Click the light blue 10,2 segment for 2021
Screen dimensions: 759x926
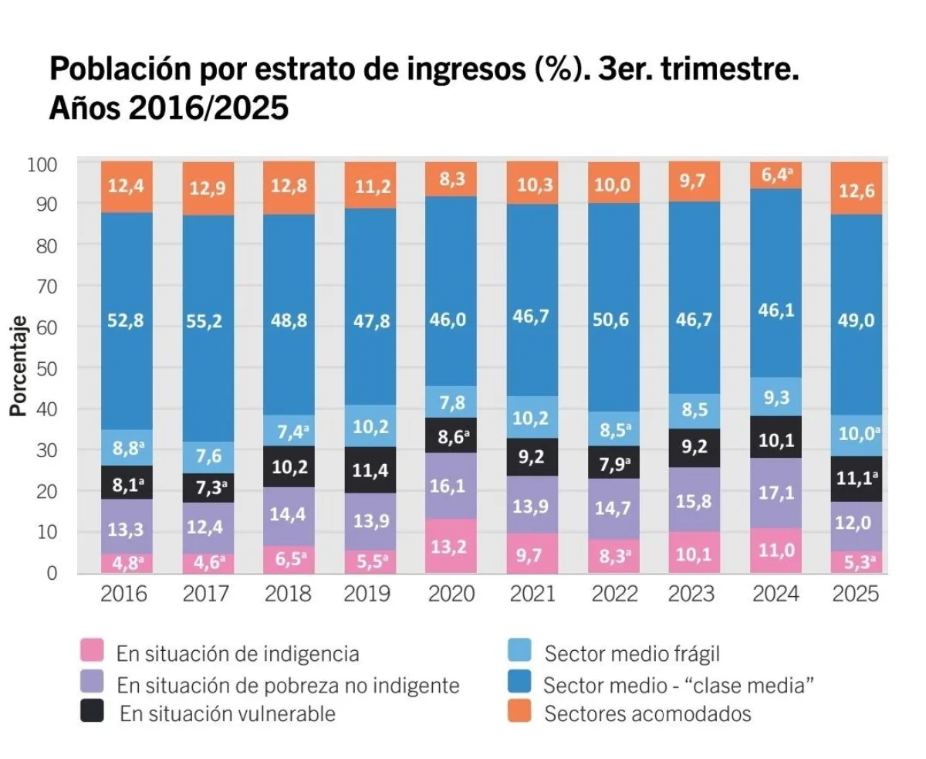(532, 417)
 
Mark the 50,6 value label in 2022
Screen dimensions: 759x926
(613, 321)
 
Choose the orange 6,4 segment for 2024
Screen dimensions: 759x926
(776, 175)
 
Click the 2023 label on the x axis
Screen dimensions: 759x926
(694, 593)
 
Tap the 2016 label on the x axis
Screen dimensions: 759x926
(125, 593)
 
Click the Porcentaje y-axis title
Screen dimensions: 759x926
(19, 366)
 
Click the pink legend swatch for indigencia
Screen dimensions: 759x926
(92, 652)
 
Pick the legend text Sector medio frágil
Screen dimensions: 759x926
(631, 654)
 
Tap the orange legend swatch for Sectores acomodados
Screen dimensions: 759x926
(519, 712)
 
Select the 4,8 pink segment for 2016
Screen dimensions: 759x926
(127, 563)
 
